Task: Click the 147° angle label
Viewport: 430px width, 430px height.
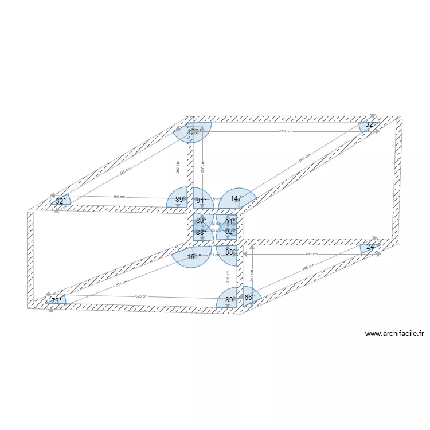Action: [x=237, y=198]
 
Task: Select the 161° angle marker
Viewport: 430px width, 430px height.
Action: [x=194, y=257]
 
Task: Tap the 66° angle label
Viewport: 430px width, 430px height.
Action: [x=249, y=297]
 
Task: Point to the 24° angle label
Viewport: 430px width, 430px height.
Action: [x=372, y=247]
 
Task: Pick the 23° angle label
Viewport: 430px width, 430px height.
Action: [x=56, y=300]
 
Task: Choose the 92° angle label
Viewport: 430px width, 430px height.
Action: [x=230, y=232]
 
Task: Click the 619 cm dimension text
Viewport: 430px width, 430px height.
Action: [x=285, y=131]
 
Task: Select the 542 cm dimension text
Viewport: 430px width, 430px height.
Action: [x=304, y=157]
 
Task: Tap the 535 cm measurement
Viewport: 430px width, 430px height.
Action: [x=124, y=170]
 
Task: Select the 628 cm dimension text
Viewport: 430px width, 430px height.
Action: [x=141, y=296]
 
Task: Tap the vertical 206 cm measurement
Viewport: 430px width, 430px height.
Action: [x=228, y=277]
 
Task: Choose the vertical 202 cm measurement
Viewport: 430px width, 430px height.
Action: [x=251, y=275]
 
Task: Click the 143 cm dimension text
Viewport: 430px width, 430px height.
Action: [x=214, y=224]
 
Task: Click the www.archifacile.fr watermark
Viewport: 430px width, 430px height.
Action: [x=394, y=334]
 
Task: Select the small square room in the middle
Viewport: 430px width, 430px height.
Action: [x=214, y=227]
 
